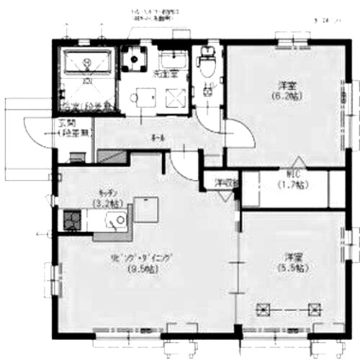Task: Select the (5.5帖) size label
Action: click(x=292, y=267)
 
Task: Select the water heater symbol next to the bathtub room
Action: click(x=135, y=58)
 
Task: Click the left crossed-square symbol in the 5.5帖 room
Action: click(x=264, y=310)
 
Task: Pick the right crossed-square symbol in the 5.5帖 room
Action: click(x=314, y=310)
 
